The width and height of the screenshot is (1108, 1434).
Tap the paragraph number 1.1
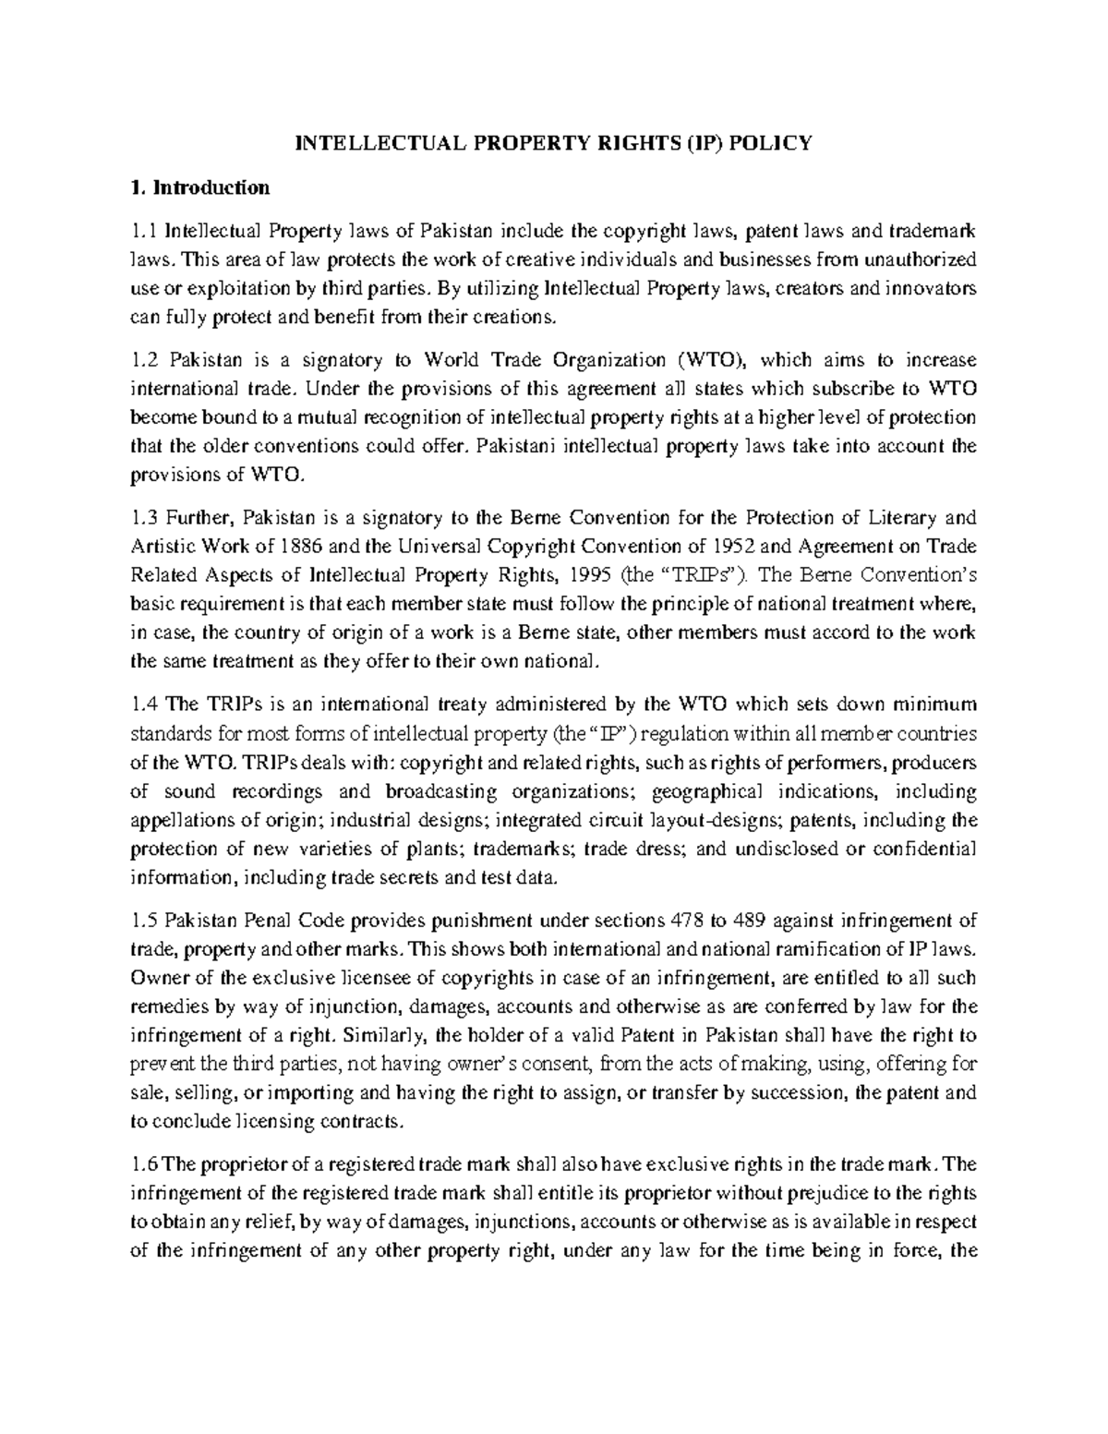pos(145,230)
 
